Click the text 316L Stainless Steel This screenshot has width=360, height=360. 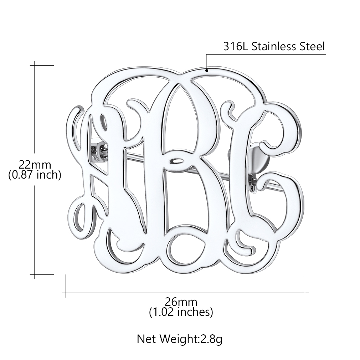tap(274, 47)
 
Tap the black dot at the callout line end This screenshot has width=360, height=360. tap(206, 71)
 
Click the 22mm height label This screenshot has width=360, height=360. tap(35, 164)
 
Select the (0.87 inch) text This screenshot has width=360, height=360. tap(35, 175)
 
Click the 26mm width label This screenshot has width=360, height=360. tap(181, 302)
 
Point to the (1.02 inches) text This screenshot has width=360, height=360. tap(181, 312)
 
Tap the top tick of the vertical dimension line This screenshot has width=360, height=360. tap(35, 66)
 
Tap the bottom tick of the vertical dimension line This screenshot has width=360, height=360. tap(35, 274)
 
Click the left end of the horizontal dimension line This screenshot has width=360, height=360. tap(66, 293)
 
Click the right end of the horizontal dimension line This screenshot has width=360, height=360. tap(305, 293)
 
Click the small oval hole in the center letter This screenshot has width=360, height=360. tap(176, 161)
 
